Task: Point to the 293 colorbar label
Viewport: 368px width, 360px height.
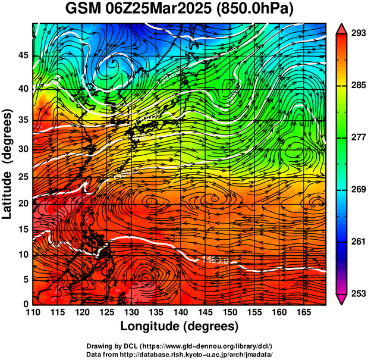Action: [358, 33]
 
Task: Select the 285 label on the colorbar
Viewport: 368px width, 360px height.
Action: [358, 86]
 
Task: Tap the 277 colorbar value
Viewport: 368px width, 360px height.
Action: [358, 137]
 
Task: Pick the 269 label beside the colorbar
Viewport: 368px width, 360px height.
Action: [358, 189]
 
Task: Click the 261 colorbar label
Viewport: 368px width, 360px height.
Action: [358, 242]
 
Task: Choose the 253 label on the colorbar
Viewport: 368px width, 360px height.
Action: [358, 293]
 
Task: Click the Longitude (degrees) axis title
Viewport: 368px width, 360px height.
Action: [179, 326]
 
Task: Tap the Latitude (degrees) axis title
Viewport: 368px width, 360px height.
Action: [8, 163]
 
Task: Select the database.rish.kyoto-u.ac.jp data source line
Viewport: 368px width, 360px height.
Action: [179, 353]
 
